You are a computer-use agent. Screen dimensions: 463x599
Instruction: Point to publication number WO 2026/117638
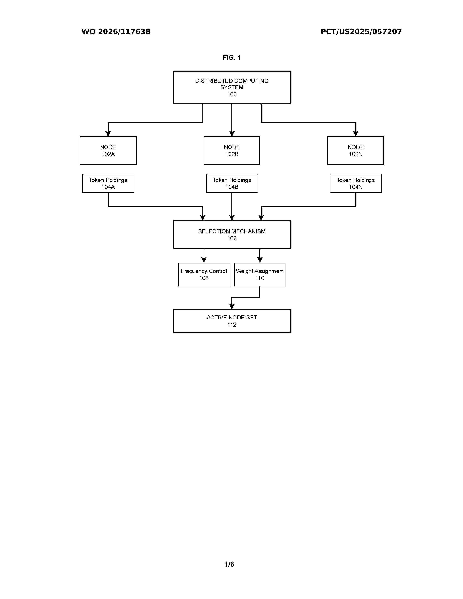tap(116, 32)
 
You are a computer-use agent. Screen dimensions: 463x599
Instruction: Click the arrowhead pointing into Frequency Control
tap(204, 260)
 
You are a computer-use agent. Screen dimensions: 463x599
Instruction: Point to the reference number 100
tap(232, 95)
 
